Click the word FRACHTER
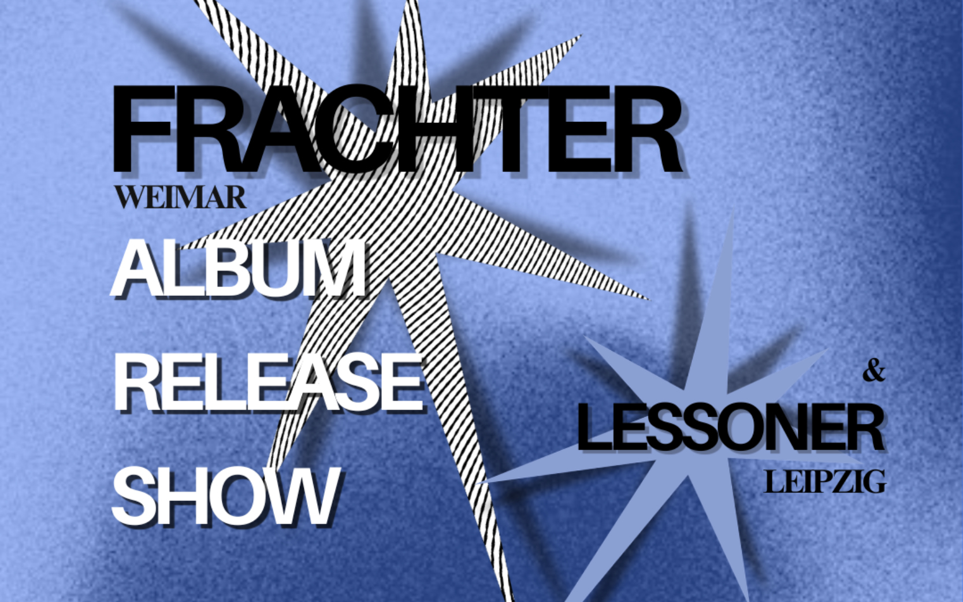397,129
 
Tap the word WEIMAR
180,198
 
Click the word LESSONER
730,428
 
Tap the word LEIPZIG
825,482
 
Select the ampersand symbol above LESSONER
873,371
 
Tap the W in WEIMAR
131,198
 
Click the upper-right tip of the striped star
579,36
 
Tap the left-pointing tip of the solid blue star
481,481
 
